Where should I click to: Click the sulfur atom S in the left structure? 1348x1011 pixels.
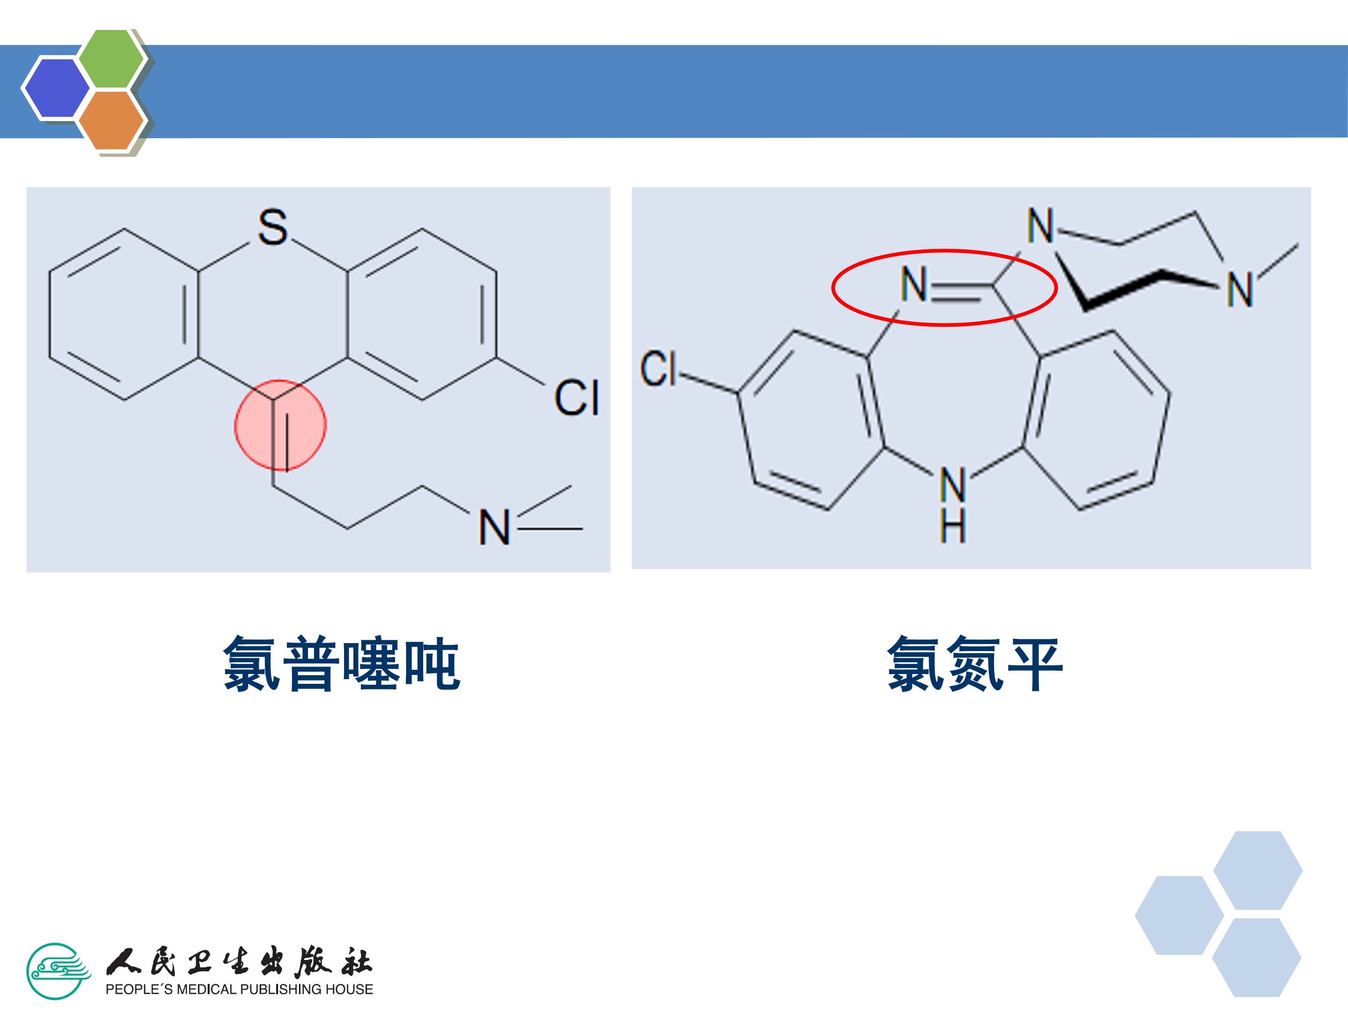coord(272,227)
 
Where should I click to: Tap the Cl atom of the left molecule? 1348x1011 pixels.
coord(576,398)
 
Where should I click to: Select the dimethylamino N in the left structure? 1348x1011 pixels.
coord(494,528)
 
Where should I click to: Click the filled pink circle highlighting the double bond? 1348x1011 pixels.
coord(280,425)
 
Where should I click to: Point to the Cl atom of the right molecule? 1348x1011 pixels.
coord(658,369)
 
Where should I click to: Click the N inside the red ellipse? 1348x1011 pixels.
coord(914,284)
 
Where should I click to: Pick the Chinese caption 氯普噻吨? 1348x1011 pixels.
coord(341,664)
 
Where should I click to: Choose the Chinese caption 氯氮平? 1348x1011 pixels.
coord(975,664)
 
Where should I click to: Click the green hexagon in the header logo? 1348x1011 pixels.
coord(111,59)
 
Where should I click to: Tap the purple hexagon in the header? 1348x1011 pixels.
coord(57,88)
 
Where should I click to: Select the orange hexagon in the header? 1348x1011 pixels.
coord(111,120)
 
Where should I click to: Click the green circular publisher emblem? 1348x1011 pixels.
coord(58,971)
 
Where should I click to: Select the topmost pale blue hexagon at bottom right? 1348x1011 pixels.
coord(1258,870)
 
